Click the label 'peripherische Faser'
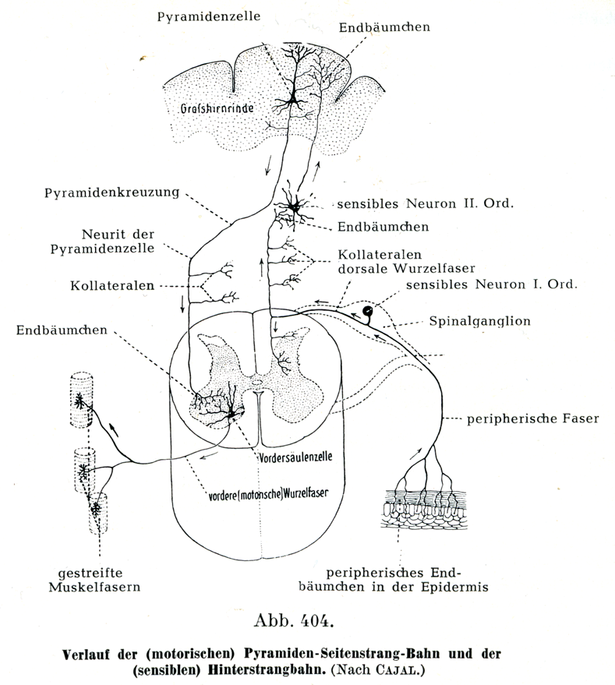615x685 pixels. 532,419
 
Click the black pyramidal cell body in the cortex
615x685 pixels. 294,100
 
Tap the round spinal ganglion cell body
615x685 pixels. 366,313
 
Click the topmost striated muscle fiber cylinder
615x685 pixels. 81,400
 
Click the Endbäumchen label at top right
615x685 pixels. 384,28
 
